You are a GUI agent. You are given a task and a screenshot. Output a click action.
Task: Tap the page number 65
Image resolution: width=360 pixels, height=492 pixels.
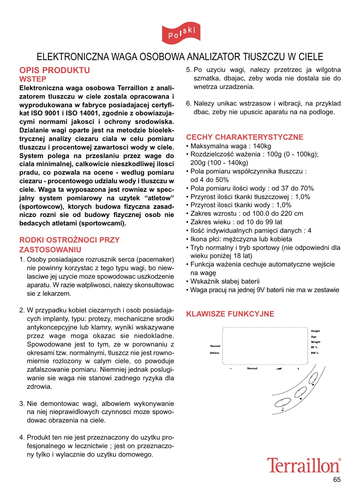click(337, 480)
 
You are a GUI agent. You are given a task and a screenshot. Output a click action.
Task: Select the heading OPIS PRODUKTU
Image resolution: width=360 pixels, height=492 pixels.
click(55, 70)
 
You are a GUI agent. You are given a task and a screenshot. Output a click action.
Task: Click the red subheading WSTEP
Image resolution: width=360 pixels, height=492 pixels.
click(33, 79)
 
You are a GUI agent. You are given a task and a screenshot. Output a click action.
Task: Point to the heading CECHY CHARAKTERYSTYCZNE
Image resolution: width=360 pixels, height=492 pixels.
click(245, 137)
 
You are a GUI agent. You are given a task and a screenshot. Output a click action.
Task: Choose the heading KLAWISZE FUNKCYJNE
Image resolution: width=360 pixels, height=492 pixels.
click(230, 314)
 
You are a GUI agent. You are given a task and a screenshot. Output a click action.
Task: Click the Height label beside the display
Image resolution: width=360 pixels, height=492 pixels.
click(315, 331)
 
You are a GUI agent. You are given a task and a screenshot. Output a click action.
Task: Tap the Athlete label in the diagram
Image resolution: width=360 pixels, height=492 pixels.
click(215, 353)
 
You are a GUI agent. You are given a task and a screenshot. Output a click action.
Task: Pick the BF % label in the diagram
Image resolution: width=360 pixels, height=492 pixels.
click(314, 347)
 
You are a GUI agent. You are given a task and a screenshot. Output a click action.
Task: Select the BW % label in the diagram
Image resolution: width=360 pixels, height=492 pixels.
click(314, 353)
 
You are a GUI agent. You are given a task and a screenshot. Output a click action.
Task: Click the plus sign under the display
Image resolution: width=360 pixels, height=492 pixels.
click(298, 369)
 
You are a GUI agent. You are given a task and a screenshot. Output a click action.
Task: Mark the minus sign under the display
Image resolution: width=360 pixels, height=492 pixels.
click(230, 369)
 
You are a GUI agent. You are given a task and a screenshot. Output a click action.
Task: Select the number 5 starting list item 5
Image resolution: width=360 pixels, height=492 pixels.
click(188, 70)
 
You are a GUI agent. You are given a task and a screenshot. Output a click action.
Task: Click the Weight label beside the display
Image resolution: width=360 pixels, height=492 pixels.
click(316, 342)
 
